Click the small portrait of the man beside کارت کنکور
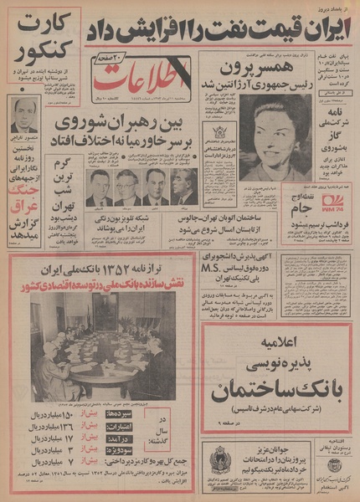23,118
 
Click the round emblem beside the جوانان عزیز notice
220,458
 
